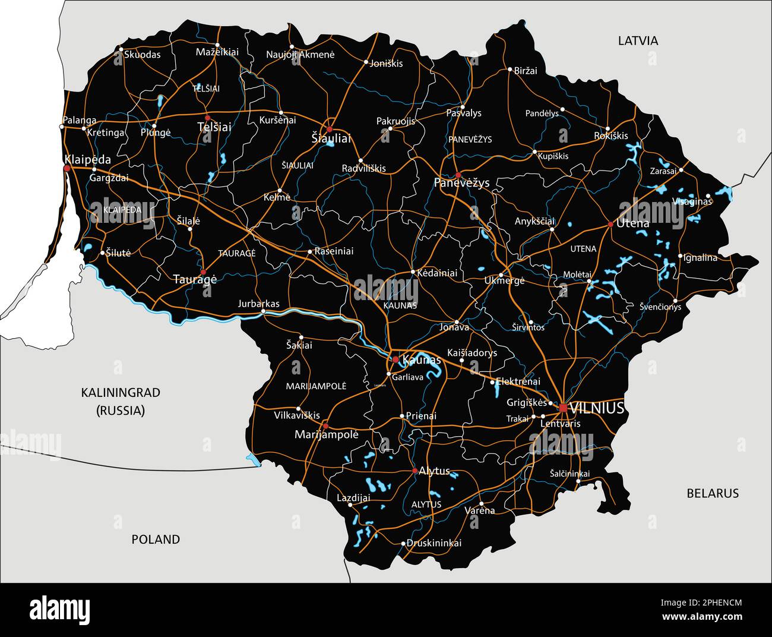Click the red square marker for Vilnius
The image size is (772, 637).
coord(562,408)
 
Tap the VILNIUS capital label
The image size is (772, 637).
coord(597,408)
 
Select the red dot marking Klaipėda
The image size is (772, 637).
coord(67,169)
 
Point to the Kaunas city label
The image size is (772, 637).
coord(422,360)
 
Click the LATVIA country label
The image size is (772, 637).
coord(638,41)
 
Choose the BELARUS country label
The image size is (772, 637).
coord(713,493)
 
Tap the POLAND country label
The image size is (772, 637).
coord(156,540)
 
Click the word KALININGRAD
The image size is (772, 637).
coord(121,393)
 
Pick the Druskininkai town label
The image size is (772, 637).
coord(434,543)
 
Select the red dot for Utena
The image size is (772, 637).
coord(610,225)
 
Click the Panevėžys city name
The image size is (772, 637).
coord(461,183)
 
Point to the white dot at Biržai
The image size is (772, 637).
coord(510,70)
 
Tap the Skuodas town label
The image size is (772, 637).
coord(142,55)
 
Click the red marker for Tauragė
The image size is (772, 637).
coord(203,272)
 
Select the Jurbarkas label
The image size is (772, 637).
coord(258,304)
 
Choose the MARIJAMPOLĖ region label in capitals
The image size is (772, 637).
coord(316,386)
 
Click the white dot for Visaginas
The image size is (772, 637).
coord(707,195)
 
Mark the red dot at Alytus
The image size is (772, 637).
coord(415,471)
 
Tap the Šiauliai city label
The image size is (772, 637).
coord(331,138)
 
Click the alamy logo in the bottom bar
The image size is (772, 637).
coord(60,610)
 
